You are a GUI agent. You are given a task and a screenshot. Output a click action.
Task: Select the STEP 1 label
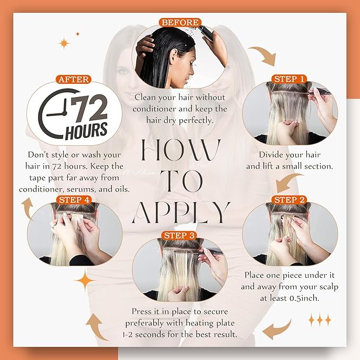(289, 78)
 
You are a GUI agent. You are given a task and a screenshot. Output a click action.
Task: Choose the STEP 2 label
(289, 199)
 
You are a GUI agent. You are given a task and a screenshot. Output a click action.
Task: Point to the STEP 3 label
(180, 235)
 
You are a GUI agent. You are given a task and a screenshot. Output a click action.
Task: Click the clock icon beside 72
(54, 114)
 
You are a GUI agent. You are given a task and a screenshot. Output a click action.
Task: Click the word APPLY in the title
(180, 212)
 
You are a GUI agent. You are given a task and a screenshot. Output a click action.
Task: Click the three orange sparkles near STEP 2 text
(319, 319)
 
